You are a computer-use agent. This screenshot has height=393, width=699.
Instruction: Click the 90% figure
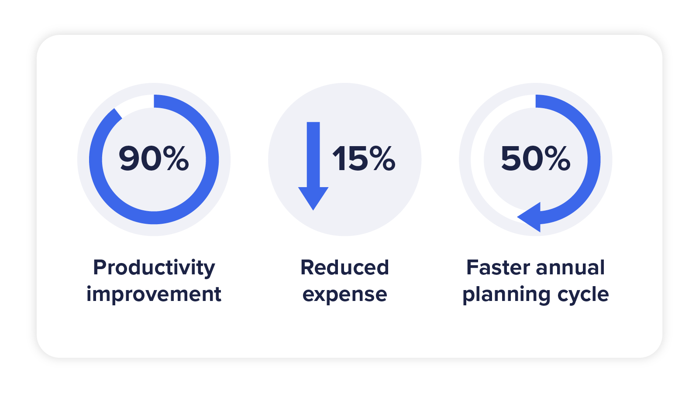click(x=154, y=158)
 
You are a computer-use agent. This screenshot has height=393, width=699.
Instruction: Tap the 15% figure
click(x=364, y=158)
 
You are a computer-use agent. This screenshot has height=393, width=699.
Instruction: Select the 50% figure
click(x=535, y=158)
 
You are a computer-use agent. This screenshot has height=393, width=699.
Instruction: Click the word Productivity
click(x=154, y=268)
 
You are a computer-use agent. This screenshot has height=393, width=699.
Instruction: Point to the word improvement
click(x=154, y=294)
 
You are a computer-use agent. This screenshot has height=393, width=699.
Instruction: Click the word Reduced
click(x=344, y=267)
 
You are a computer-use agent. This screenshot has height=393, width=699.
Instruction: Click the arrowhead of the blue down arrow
click(x=313, y=197)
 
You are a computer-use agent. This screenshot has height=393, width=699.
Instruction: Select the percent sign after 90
click(x=176, y=158)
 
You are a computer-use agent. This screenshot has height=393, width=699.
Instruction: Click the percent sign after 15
click(x=382, y=158)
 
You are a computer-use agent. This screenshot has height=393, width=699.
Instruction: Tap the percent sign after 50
click(x=558, y=158)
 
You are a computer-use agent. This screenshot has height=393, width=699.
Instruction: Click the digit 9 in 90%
click(x=129, y=158)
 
